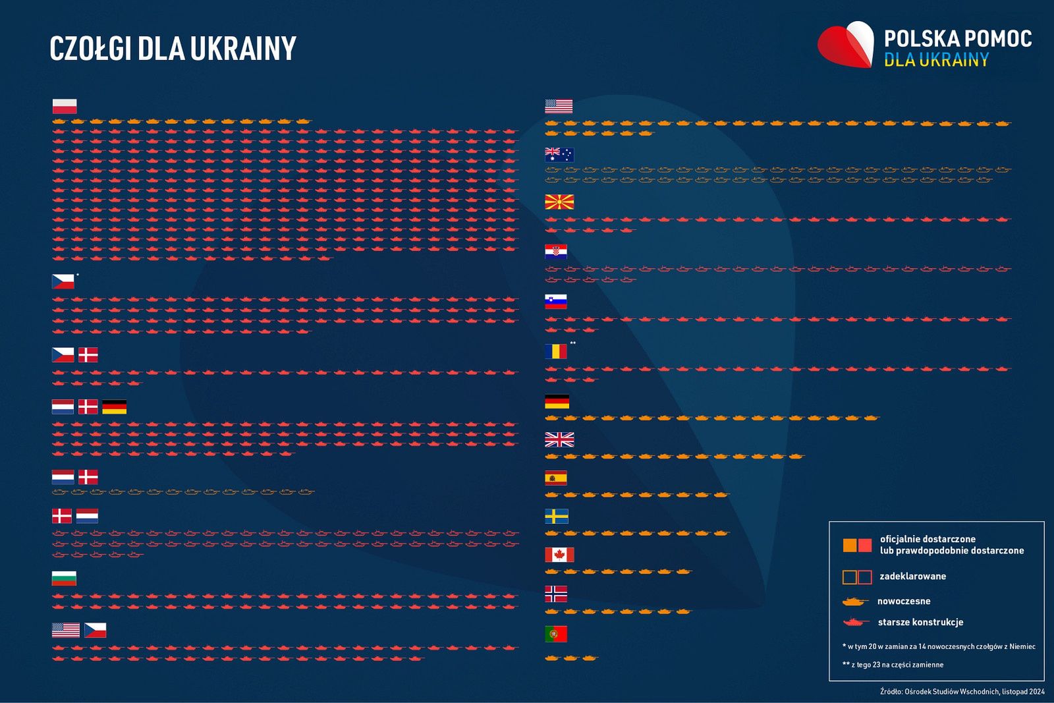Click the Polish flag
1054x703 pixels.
(x=65, y=106)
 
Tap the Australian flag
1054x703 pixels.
(x=559, y=155)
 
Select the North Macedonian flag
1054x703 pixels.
(x=559, y=202)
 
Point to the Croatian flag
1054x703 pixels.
(x=555, y=252)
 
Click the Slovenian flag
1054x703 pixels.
(x=555, y=302)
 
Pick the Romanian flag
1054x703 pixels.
(x=555, y=351)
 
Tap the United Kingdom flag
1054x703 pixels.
(x=559, y=439)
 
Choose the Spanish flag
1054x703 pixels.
(x=555, y=478)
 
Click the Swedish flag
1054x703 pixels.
(x=556, y=516)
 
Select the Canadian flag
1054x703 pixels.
(x=559, y=555)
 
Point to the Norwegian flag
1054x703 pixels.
(x=555, y=594)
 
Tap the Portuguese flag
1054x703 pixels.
(x=555, y=634)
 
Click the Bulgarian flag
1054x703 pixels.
(x=64, y=578)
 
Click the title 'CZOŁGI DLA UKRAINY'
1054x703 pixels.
(x=173, y=48)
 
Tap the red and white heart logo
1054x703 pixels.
(x=846, y=45)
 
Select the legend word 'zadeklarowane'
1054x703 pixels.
(x=912, y=576)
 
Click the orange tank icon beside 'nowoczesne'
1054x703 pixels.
(x=855, y=601)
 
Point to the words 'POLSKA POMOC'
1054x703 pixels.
(x=957, y=39)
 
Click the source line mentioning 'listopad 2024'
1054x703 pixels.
(x=962, y=691)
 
